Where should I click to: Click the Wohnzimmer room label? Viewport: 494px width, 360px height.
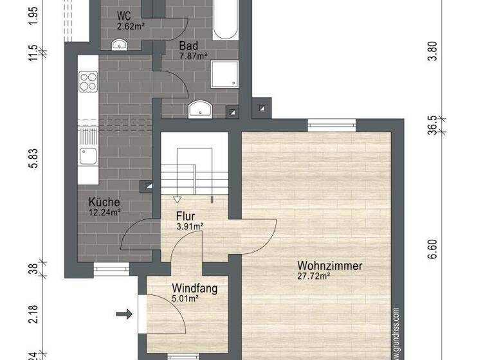(x=330, y=265)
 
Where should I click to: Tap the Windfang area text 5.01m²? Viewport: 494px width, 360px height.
(x=185, y=298)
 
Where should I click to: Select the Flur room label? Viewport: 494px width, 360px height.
(x=185, y=216)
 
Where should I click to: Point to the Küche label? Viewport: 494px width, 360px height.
(x=104, y=202)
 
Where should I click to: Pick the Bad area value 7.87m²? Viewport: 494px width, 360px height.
(x=192, y=55)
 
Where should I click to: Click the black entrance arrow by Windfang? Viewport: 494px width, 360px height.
(x=124, y=314)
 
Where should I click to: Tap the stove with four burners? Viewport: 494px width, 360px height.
(x=87, y=82)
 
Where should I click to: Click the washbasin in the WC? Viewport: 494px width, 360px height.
(x=119, y=44)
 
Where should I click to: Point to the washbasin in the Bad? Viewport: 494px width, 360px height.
(x=201, y=110)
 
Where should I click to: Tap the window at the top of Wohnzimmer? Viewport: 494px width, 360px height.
(x=331, y=125)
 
